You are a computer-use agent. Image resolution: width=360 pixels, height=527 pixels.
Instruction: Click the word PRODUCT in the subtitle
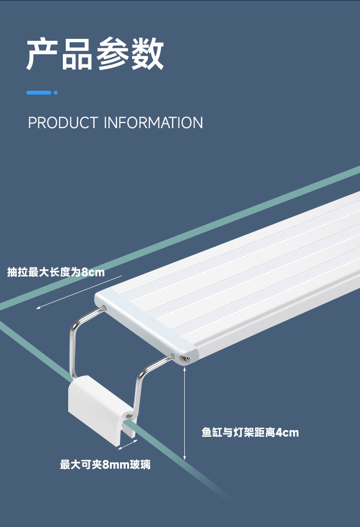coord(63,123)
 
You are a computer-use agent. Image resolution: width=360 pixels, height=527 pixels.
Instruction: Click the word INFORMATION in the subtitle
coord(153,123)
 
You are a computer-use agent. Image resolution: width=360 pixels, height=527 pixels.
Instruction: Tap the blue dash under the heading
coord(39,93)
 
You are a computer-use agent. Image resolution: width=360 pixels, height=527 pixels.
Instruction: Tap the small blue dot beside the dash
coord(56,93)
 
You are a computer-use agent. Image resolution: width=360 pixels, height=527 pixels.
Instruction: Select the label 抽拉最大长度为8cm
coord(56,273)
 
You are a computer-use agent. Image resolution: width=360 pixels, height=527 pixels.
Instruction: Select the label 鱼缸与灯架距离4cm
coord(250,433)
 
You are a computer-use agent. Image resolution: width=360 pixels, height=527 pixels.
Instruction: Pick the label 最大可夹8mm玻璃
coord(105,465)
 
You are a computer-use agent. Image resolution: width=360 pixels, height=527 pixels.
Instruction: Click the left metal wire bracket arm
coord(77,336)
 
